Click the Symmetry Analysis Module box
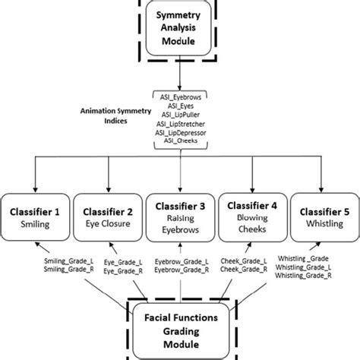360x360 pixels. click(180, 31)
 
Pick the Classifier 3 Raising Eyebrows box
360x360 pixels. click(180, 219)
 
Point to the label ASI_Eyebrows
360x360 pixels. click(180, 96)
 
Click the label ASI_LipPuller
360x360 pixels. click(180, 113)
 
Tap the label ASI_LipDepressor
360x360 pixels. click(180, 131)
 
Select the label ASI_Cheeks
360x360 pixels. click(180, 139)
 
